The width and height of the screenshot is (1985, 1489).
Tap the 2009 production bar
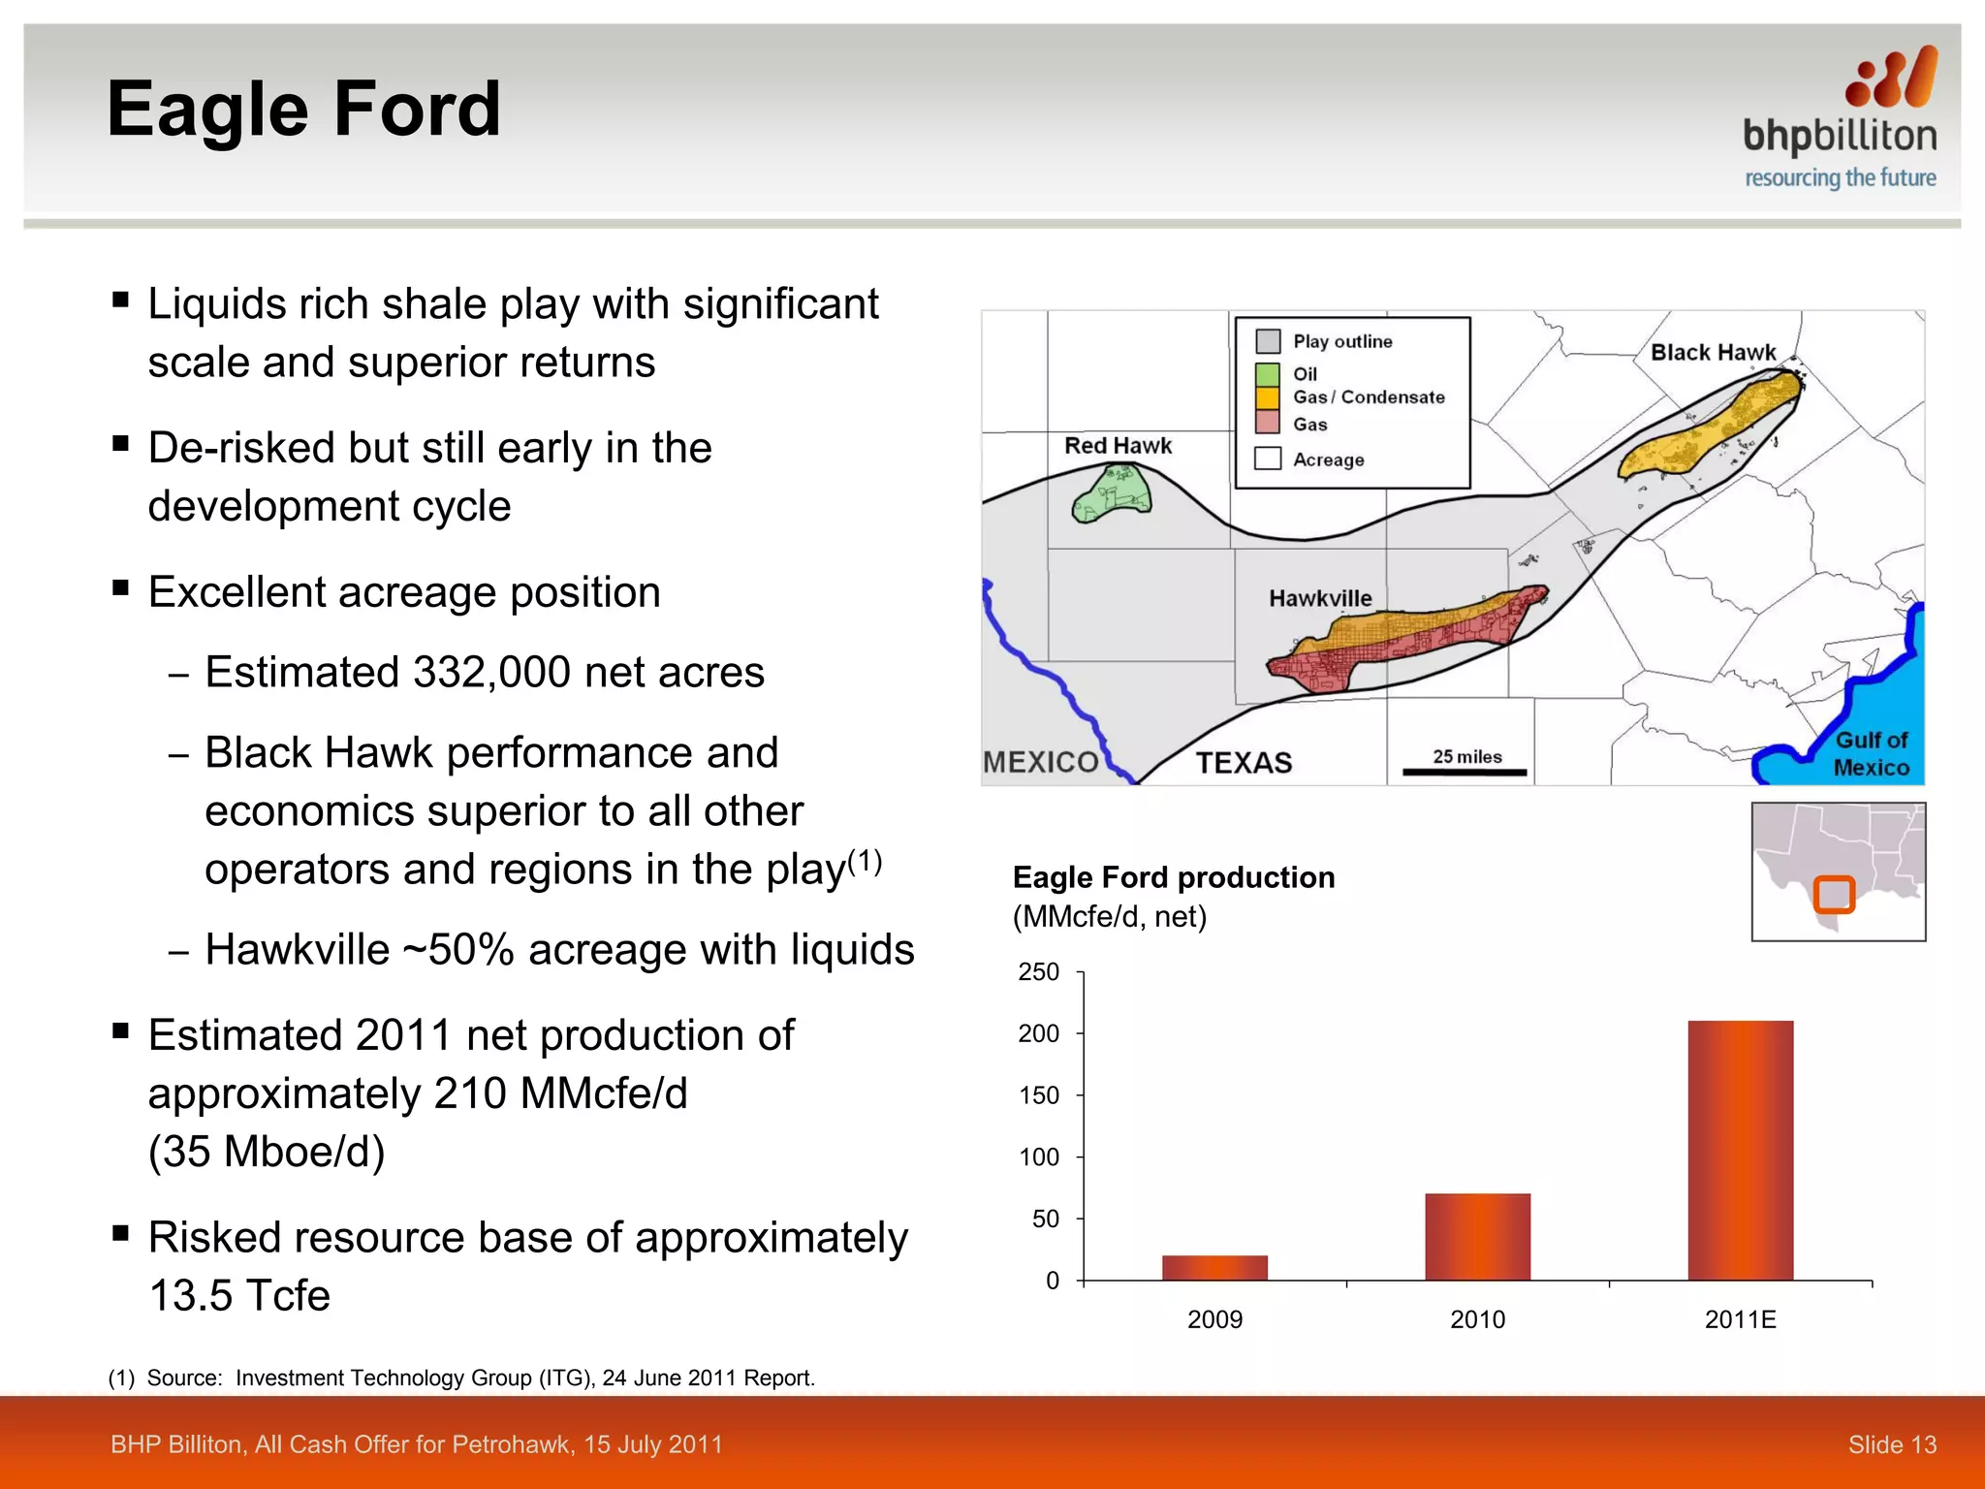coord(1214,1267)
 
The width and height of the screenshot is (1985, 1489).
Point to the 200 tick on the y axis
coord(1039,1033)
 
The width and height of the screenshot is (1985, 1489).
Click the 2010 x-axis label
coord(1477,1319)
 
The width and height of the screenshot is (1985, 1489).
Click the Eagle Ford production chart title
coord(1173,877)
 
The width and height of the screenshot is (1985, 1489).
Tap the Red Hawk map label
coord(1118,446)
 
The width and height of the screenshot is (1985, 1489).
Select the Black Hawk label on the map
coord(1713,353)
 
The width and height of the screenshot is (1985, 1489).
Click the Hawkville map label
coord(1320,598)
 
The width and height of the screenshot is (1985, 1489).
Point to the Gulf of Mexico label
coord(1871,753)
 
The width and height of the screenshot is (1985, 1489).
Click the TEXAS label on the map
coord(1244,763)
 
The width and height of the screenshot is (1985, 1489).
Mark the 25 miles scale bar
coord(1465,772)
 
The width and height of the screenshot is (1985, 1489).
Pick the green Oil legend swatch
coord(1267,374)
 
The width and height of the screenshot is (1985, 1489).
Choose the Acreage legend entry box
coord(1268,459)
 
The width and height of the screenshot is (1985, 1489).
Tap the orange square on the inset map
coord(1834,894)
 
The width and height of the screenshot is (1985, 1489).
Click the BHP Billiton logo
coord(1840,117)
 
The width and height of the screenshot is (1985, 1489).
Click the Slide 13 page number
coord(1891,1444)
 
